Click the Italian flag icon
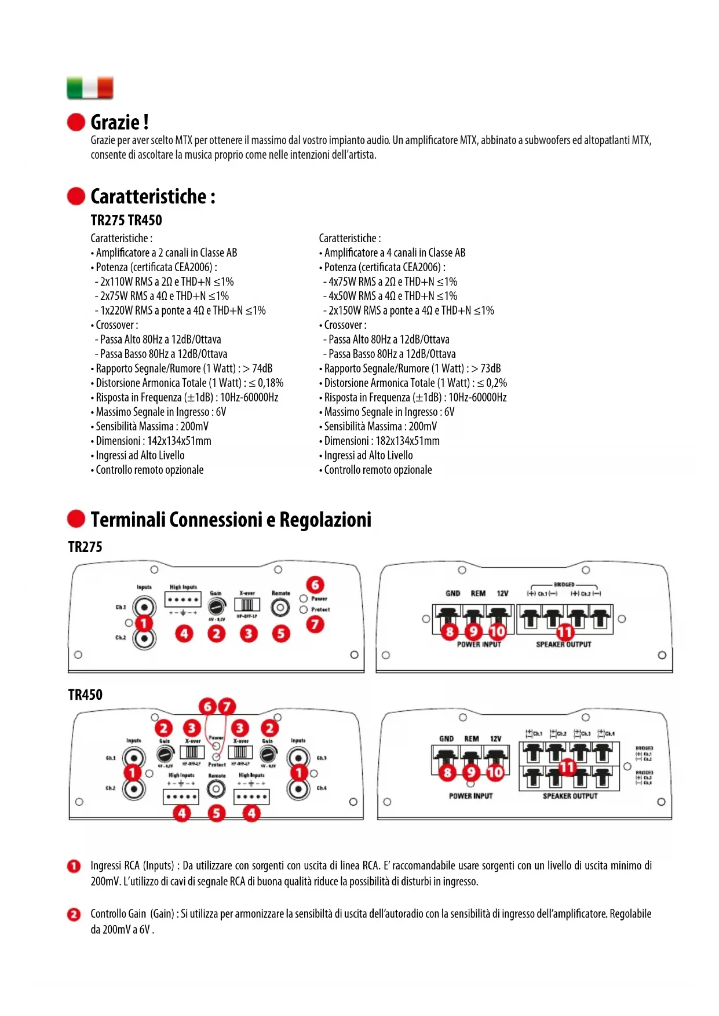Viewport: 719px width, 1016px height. pyautogui.click(x=90, y=88)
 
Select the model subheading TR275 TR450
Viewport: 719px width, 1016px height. pyautogui.click(x=126, y=221)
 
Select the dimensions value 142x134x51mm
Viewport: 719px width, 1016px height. pyautogui.click(x=179, y=441)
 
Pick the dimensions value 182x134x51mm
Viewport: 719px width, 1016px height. pyautogui.click(x=407, y=441)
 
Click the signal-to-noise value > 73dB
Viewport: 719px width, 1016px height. pyautogui.click(x=486, y=369)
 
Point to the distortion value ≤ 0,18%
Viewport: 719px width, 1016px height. pyautogui.click(x=266, y=383)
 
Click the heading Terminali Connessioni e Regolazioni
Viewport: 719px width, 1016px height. pyautogui.click(x=231, y=520)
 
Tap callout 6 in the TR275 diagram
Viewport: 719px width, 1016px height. pyautogui.click(x=315, y=584)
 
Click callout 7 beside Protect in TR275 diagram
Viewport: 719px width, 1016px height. pyautogui.click(x=315, y=624)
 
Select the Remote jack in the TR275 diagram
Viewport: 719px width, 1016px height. pyautogui.click(x=281, y=607)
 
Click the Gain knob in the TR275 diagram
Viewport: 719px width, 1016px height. pyautogui.click(x=217, y=606)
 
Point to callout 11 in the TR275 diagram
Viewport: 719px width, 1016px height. pyautogui.click(x=565, y=632)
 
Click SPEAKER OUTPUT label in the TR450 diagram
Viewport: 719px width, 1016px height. pyautogui.click(x=570, y=796)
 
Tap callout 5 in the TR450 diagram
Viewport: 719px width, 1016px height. pyautogui.click(x=216, y=813)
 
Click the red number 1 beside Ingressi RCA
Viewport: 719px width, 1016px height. pyautogui.click(x=74, y=867)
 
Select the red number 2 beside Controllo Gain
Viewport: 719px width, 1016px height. pyautogui.click(x=74, y=915)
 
